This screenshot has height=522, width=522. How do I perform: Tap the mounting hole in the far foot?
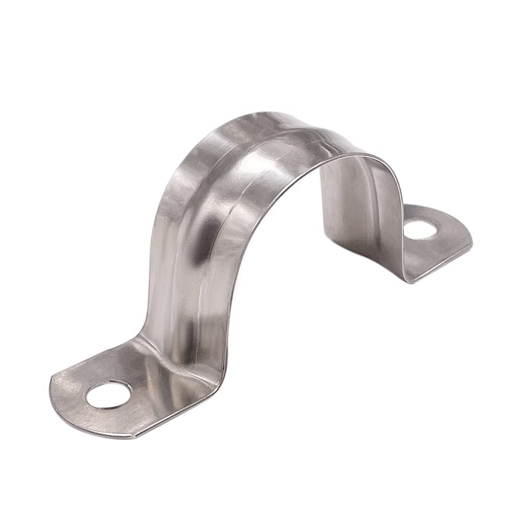pyautogui.click(x=420, y=229)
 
